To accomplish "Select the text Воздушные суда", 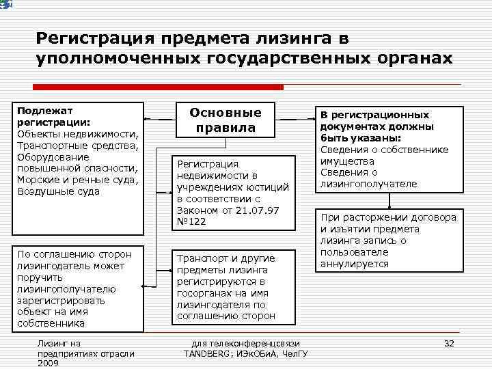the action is pyautogui.click(x=59, y=191).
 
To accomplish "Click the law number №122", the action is pyautogui.click(x=191, y=222).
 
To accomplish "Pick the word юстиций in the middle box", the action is pyautogui.click(x=268, y=187).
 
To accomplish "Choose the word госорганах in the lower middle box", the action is pyautogui.click(x=204, y=293).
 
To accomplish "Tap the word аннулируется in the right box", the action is pyautogui.click(x=354, y=264).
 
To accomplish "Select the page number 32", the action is pyautogui.click(x=449, y=343).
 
